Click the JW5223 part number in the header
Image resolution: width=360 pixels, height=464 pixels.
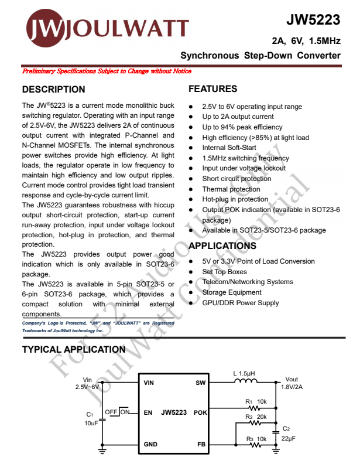pyautogui.click(x=313, y=20)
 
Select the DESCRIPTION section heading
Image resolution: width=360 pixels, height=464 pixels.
pyautogui.click(x=53, y=90)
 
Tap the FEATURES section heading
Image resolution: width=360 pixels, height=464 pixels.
pyautogui.click(x=212, y=89)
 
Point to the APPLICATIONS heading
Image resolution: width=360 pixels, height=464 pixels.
pyautogui.click(x=222, y=246)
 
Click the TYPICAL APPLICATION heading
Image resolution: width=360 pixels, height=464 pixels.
pyautogui.click(x=73, y=350)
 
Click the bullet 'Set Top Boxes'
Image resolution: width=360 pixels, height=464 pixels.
pyautogui.click(x=224, y=272)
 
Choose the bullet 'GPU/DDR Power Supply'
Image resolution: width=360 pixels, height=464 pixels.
pyautogui.click(x=241, y=303)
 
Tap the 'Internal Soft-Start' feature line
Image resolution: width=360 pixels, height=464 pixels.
pyautogui.click(x=229, y=148)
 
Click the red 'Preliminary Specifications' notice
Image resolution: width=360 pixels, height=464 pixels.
pyautogui.click(x=106, y=71)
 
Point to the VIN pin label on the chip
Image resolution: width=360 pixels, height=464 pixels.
pyautogui.click(x=150, y=383)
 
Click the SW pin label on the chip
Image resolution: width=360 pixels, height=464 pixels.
pyautogui.click(x=200, y=383)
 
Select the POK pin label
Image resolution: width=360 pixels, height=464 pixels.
pyautogui.click(x=200, y=412)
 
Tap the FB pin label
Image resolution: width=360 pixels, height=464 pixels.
pyautogui.click(x=201, y=445)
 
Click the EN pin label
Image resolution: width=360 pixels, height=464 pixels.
pyautogui.click(x=148, y=412)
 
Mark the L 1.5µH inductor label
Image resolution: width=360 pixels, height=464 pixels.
pyautogui.click(x=244, y=373)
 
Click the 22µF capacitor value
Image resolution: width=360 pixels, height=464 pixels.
pyautogui.click(x=289, y=438)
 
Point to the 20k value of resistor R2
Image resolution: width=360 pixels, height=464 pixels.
pyautogui.click(x=262, y=417)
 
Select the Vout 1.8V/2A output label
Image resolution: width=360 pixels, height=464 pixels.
pyautogui.click(x=291, y=383)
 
